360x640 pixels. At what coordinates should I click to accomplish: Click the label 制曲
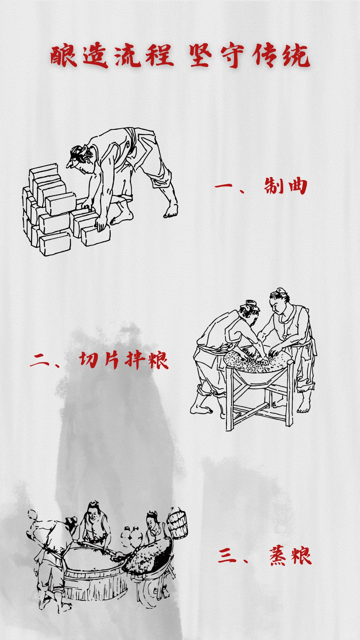click(x=285, y=186)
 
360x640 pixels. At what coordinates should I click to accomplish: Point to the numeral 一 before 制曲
click(x=224, y=185)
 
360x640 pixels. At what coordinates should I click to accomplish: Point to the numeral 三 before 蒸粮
click(x=227, y=556)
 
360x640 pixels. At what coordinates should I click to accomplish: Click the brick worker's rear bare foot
click(x=171, y=211)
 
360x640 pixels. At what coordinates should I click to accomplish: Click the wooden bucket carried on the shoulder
click(x=178, y=523)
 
